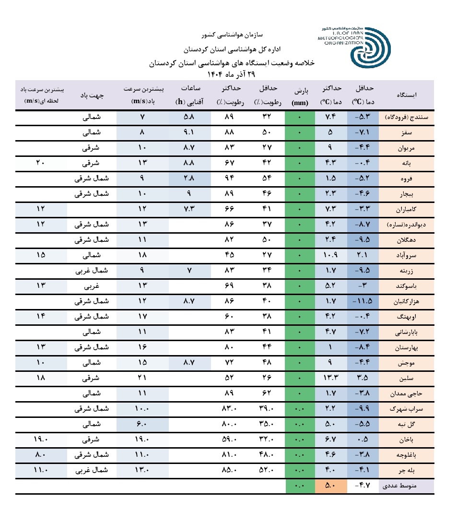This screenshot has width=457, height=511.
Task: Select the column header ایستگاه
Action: [x=407, y=95]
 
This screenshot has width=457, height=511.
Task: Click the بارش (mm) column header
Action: [x=300, y=95]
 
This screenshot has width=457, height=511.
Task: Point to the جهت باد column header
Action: [x=92, y=95]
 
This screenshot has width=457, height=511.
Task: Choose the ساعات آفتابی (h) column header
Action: [x=190, y=95]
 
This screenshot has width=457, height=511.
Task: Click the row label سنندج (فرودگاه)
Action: [x=407, y=117]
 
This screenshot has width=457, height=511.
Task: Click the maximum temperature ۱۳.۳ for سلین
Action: [x=331, y=378]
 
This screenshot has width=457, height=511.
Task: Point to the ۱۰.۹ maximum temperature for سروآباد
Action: [x=331, y=255]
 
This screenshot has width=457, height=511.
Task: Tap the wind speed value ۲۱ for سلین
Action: [x=142, y=378]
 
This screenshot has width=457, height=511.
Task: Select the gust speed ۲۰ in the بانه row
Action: [x=40, y=163]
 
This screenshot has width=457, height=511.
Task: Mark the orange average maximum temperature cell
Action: [x=331, y=486]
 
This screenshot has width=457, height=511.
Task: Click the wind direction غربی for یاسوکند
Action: [x=92, y=286]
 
